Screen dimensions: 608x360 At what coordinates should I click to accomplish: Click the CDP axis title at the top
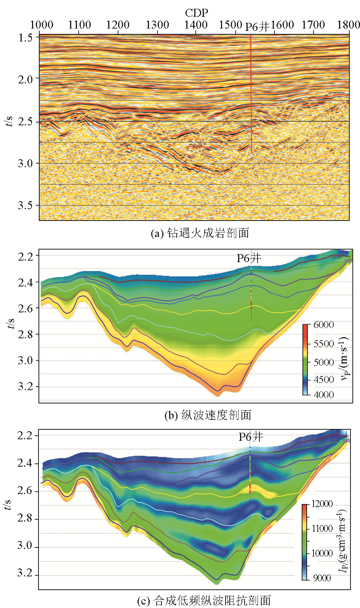(x=197, y=13)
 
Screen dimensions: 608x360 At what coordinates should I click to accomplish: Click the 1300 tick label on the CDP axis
(x=157, y=25)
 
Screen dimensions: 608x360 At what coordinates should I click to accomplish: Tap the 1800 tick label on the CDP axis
(x=349, y=25)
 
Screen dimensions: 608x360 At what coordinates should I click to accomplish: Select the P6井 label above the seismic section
(x=257, y=27)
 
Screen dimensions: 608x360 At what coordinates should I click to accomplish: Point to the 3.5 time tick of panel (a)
(x=26, y=205)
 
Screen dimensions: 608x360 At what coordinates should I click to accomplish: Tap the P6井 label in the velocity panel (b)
(x=249, y=258)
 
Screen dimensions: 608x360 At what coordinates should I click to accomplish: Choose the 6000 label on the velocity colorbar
(x=323, y=325)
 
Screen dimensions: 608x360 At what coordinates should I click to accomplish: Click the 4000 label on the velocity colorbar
(x=323, y=395)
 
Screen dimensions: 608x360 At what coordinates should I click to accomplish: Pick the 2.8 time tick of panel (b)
(x=26, y=334)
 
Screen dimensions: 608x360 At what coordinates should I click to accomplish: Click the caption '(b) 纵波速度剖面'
(x=208, y=415)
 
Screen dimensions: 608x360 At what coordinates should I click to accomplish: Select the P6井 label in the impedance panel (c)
(x=251, y=437)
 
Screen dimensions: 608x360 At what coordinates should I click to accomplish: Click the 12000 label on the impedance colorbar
(x=322, y=504)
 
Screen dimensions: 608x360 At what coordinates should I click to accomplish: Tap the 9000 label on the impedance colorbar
(x=322, y=578)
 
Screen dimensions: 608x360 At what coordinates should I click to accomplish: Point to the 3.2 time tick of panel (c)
(x=25, y=574)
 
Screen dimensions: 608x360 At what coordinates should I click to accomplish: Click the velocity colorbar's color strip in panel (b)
(x=306, y=360)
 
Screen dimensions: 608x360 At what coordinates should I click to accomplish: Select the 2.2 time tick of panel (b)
(x=26, y=256)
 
